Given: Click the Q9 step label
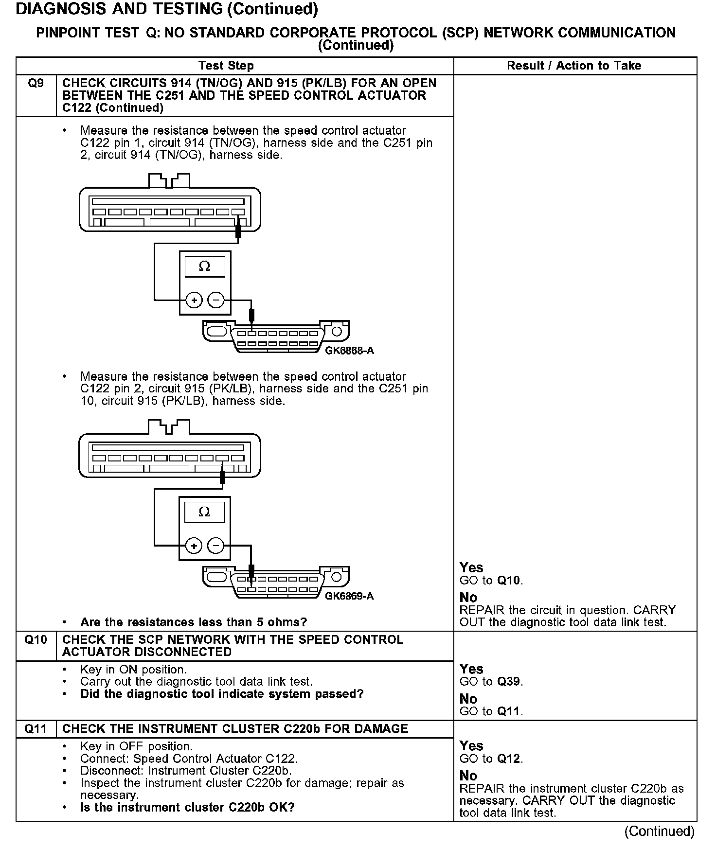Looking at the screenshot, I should [x=36, y=83].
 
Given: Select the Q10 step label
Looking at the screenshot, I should [x=36, y=639].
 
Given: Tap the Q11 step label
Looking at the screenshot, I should [x=36, y=728].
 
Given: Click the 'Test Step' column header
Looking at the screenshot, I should [x=226, y=66].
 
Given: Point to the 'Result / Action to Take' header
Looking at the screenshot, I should [x=574, y=66].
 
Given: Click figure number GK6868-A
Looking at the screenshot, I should [x=349, y=351].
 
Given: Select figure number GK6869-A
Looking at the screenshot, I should [x=349, y=596].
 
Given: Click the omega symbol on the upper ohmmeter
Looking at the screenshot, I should [x=205, y=266].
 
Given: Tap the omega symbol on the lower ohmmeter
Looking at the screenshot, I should [x=204, y=512].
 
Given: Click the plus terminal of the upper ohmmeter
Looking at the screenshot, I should [x=194, y=301].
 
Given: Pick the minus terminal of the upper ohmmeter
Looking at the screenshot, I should [x=216, y=301].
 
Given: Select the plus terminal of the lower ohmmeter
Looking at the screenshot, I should [x=194, y=546].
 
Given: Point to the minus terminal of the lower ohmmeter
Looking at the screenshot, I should [x=215, y=546].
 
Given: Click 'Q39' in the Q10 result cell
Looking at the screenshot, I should [x=509, y=682].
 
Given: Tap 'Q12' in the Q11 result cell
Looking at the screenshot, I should [x=509, y=759].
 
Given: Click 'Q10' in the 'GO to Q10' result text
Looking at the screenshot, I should [x=509, y=581].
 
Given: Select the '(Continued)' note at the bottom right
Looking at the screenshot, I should [x=659, y=831].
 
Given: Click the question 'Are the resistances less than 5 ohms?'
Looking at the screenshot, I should [x=194, y=622].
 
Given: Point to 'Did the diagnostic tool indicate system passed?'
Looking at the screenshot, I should [x=222, y=694].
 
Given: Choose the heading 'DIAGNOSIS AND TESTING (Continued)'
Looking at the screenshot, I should [x=167, y=9].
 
